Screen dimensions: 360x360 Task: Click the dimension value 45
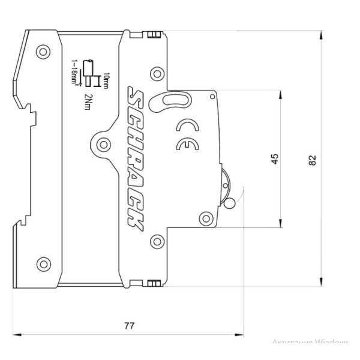click(275, 159)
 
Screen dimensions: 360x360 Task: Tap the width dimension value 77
click(129, 326)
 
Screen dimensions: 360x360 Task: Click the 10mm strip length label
click(106, 80)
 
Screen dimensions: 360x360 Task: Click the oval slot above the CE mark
click(173, 100)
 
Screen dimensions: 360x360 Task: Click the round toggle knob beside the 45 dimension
click(229, 203)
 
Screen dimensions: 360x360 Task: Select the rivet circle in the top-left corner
click(43, 52)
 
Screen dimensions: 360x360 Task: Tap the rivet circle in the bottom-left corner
click(43, 263)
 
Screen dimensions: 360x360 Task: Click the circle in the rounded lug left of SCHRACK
click(104, 144)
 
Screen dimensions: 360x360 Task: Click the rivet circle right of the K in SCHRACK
click(157, 242)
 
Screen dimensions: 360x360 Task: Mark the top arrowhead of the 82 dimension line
click(322, 35)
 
